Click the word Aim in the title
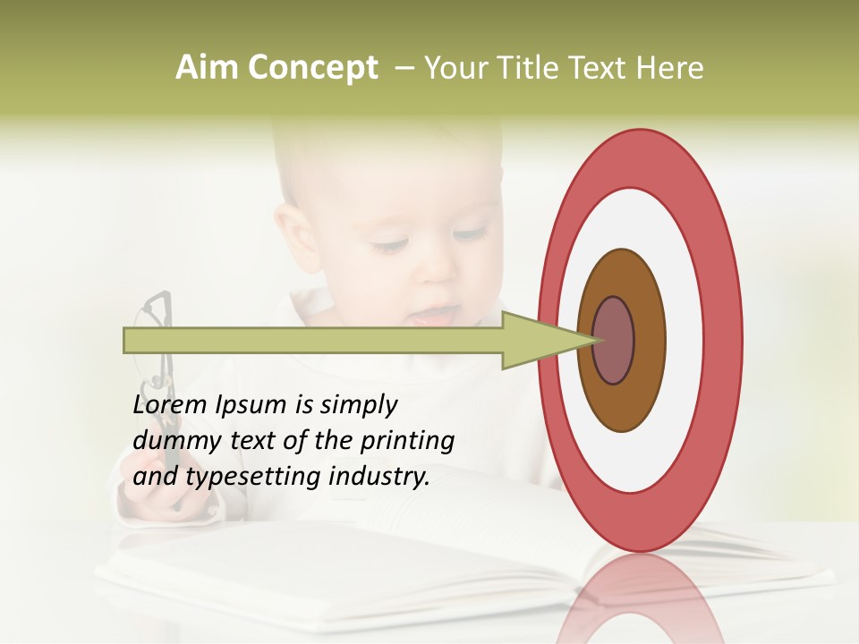(x=207, y=68)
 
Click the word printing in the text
(x=407, y=441)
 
